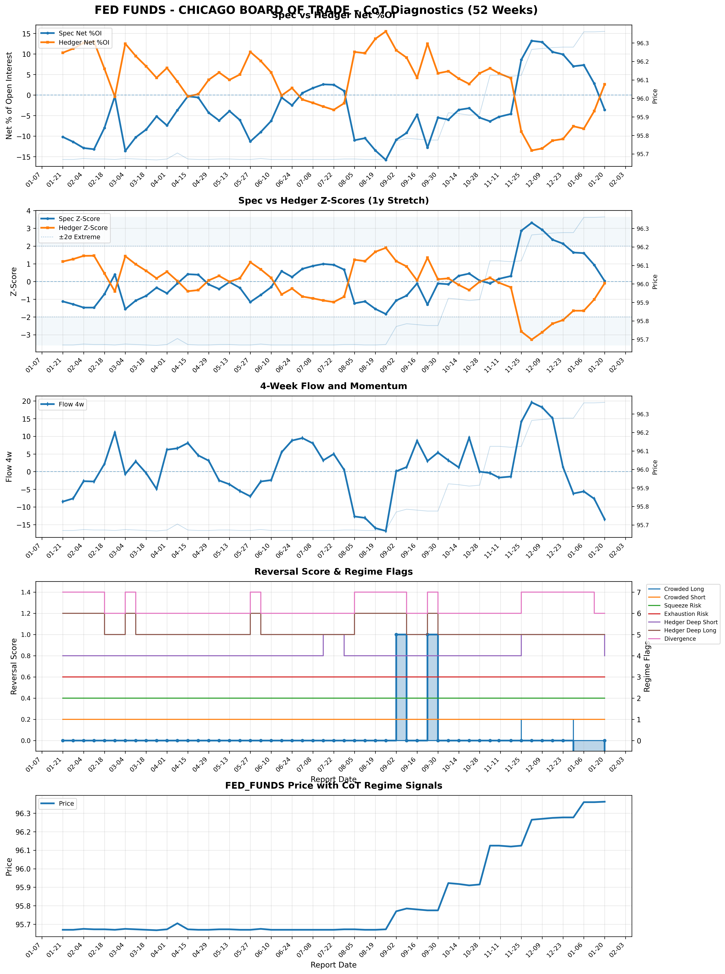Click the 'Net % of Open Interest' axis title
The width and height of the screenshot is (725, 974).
9,96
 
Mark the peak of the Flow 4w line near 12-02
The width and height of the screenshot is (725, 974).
531,402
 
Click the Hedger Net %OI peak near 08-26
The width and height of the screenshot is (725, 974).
386,31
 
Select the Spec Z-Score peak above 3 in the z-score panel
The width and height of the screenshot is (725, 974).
531,223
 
